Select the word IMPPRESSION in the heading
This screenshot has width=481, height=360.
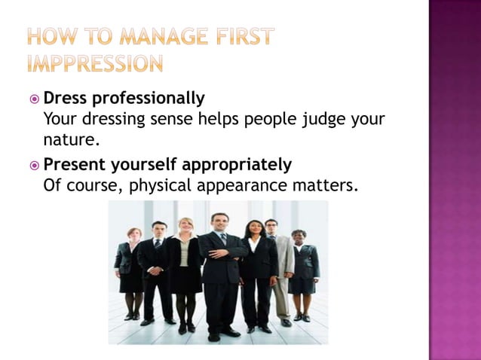pyautogui.click(x=94, y=63)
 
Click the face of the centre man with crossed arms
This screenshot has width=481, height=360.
pyautogui.click(x=219, y=224)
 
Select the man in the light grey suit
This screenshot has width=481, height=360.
pyautogui.click(x=280, y=264)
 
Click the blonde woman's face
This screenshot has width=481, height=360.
pyautogui.click(x=185, y=227)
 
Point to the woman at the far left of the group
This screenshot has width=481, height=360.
pyautogui.click(x=130, y=271)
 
